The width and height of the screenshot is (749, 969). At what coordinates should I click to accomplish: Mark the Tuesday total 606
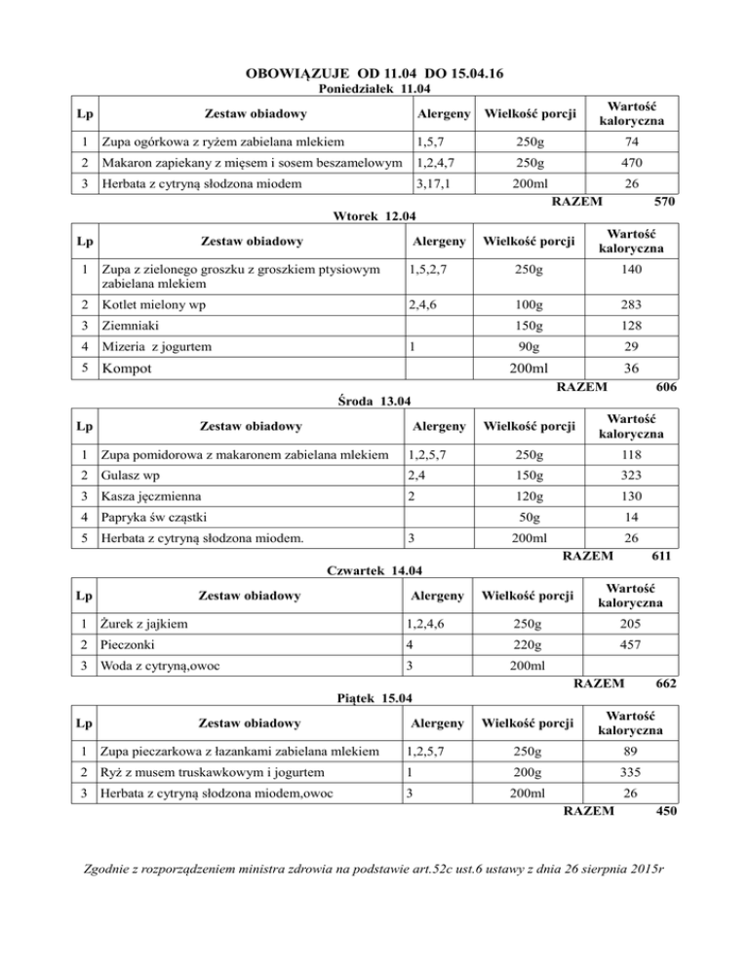(x=666, y=387)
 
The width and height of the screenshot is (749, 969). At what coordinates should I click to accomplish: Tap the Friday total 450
(x=666, y=811)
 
